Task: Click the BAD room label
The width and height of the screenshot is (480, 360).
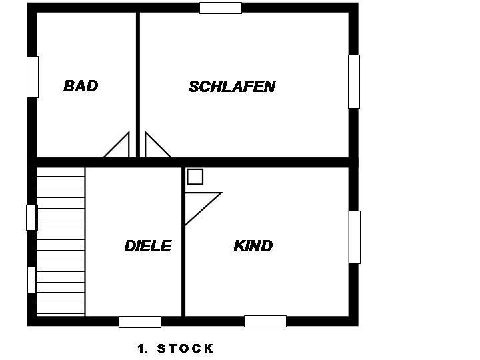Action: tap(81, 86)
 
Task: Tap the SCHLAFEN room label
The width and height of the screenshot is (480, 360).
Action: tap(232, 87)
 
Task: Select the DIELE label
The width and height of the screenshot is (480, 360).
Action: tap(148, 246)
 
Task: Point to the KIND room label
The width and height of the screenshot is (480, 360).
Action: tap(253, 246)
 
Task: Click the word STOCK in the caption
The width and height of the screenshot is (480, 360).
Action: tap(185, 349)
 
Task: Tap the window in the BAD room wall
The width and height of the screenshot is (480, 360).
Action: tap(33, 77)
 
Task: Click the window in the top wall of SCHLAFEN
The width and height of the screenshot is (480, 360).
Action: tap(221, 8)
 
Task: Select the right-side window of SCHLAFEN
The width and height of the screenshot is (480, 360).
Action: tap(354, 81)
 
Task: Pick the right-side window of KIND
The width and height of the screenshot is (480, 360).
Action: tap(355, 237)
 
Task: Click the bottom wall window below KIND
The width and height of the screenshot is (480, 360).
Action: tap(265, 321)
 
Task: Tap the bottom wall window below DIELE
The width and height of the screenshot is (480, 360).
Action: tap(140, 322)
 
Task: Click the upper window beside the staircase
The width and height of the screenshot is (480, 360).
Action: tap(32, 217)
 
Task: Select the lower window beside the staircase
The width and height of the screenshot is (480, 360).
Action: tap(33, 280)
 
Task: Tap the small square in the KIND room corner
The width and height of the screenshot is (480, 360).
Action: tap(195, 177)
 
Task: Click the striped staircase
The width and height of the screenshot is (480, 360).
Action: tap(61, 241)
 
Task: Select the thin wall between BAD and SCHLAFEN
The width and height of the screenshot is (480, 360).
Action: tap(138, 85)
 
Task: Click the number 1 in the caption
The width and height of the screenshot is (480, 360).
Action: tap(141, 349)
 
